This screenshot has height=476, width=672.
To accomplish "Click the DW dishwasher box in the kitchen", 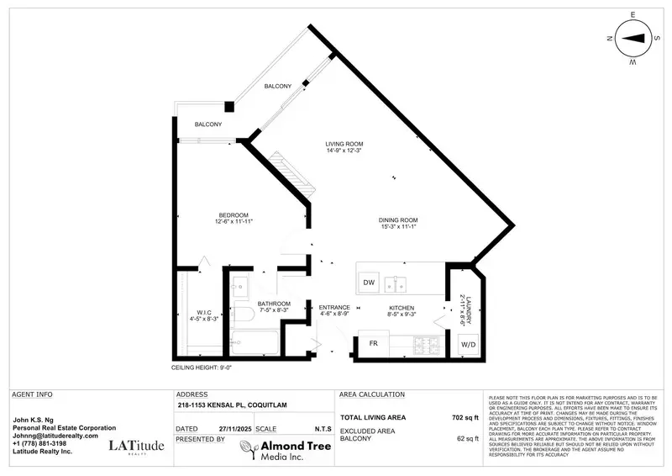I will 369,283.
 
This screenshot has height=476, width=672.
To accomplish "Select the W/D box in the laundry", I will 467,345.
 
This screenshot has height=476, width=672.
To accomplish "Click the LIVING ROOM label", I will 344,143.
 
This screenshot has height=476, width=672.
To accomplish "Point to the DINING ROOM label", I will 397,220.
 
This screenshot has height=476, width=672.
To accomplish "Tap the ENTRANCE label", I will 333,308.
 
